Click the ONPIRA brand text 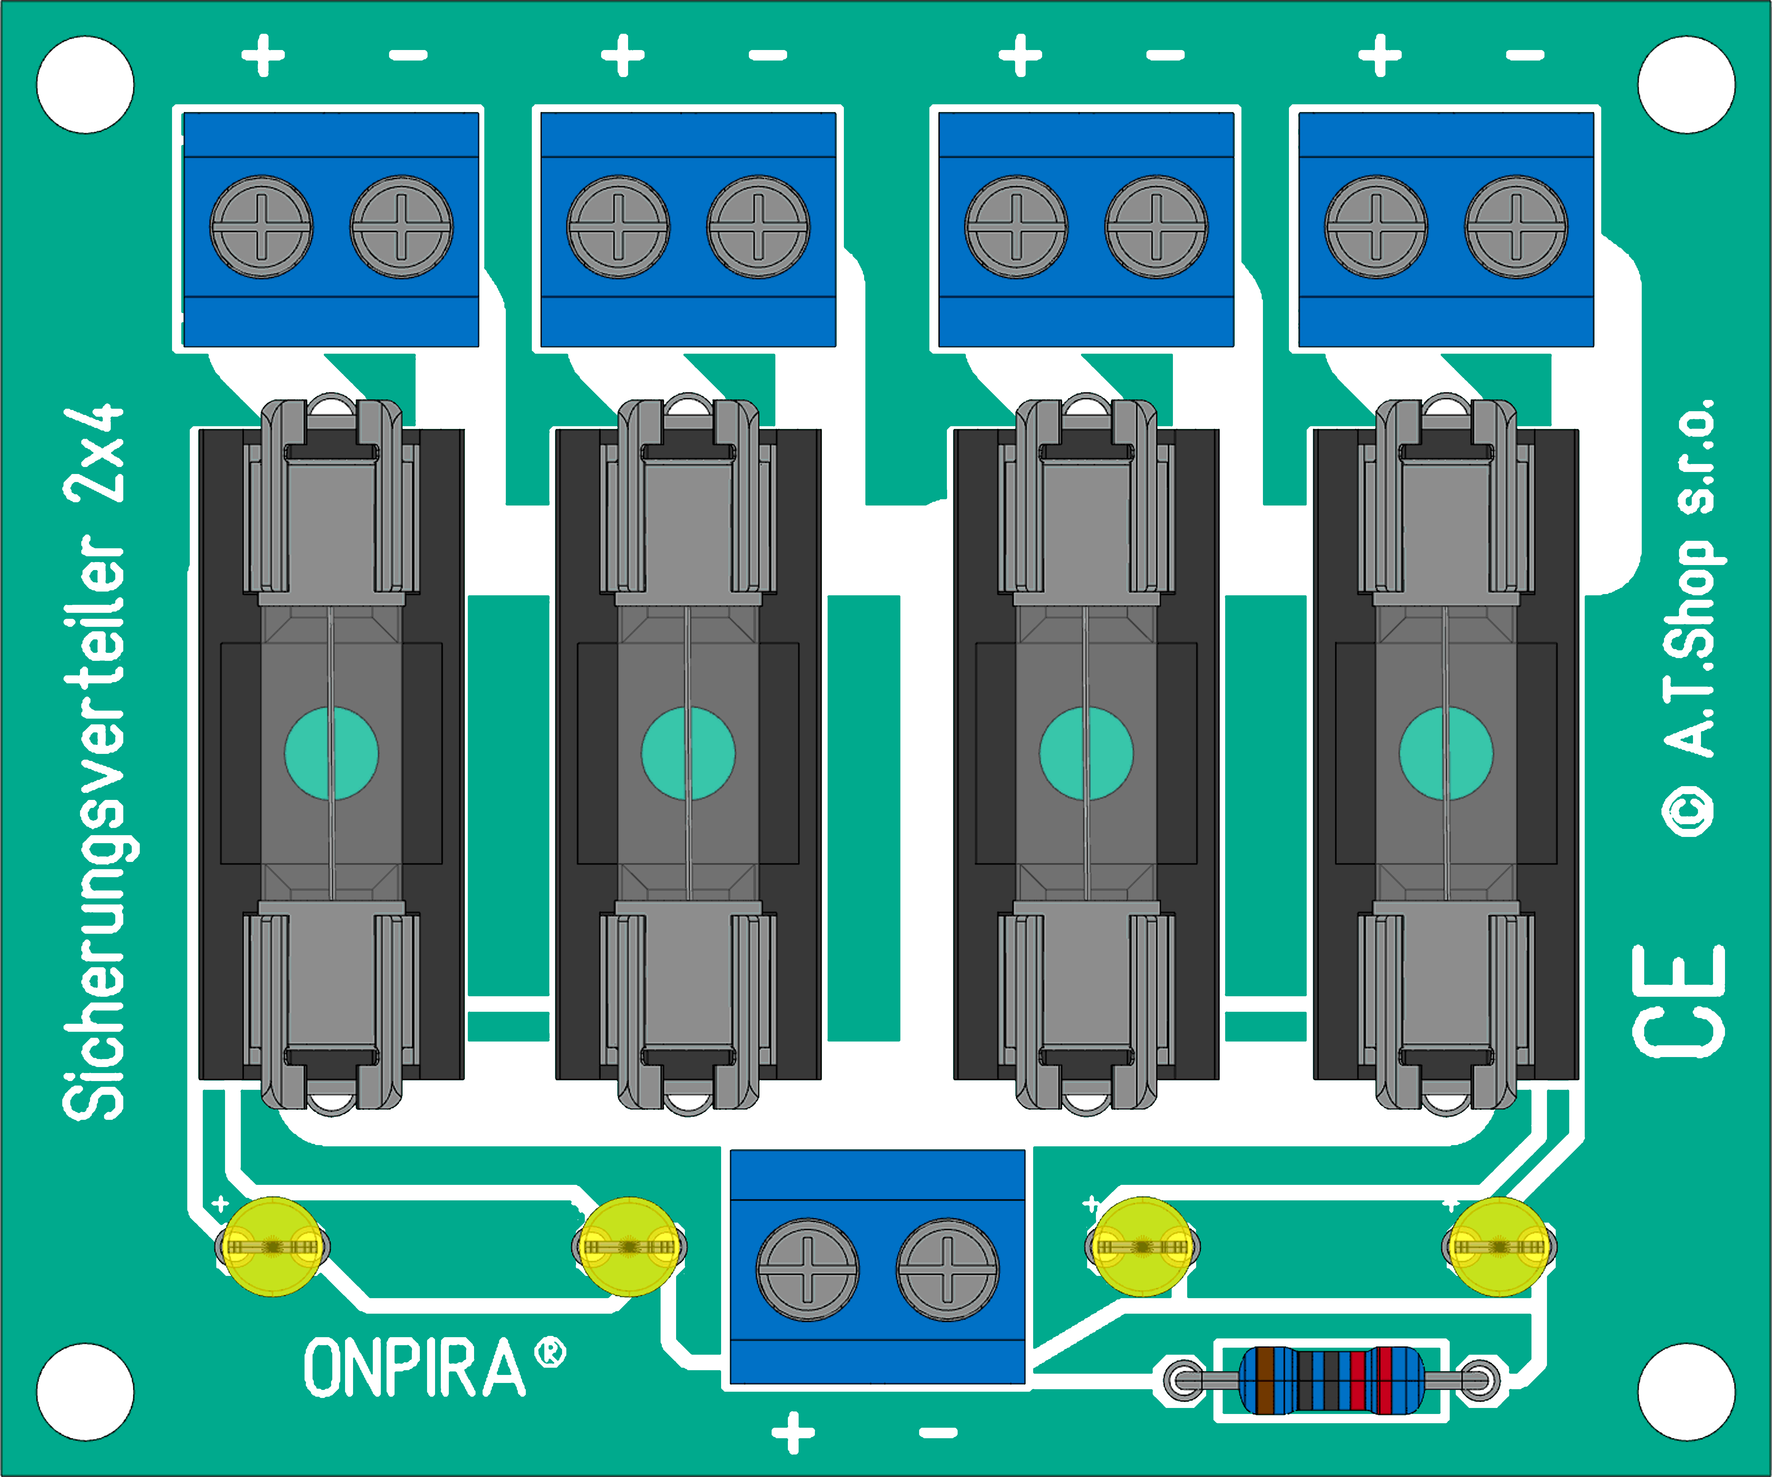click(414, 1367)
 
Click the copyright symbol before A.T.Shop click(1688, 812)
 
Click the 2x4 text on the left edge click(93, 454)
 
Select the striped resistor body click(1331, 1381)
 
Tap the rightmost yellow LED click(1499, 1247)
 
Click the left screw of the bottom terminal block click(808, 1269)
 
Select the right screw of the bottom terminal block click(948, 1269)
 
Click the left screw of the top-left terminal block click(261, 226)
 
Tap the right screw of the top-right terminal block click(1516, 226)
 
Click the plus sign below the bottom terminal click(793, 1432)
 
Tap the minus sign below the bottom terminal click(938, 1432)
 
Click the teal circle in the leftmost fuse click(332, 753)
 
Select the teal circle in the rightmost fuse click(1446, 753)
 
